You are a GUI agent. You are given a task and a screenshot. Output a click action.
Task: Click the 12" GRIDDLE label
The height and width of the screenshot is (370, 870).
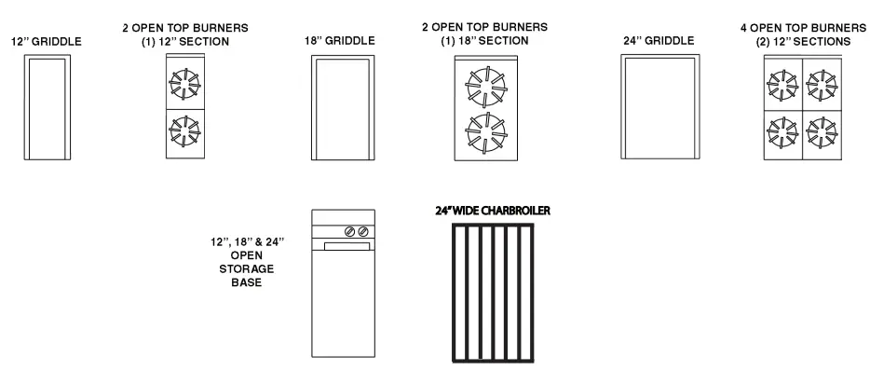[46, 42]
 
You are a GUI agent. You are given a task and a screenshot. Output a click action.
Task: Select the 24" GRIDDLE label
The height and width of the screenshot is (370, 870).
[659, 41]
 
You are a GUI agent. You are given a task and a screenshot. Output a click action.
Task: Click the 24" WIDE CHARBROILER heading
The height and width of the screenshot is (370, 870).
[493, 211]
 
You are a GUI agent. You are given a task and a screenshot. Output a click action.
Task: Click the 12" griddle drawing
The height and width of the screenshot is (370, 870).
[45, 108]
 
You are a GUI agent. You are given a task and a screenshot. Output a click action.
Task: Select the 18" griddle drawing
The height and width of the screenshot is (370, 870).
[343, 108]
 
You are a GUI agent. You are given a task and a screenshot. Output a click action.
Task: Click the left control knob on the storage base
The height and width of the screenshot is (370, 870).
[350, 231]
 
